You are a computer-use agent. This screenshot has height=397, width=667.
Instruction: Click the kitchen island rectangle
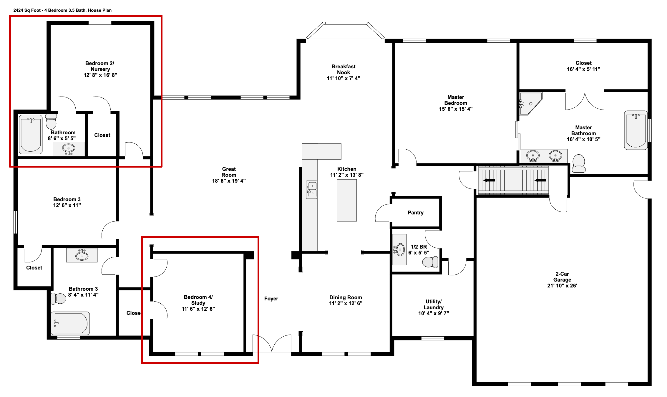click(347, 200)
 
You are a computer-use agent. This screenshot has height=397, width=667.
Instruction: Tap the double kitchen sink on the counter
click(312, 190)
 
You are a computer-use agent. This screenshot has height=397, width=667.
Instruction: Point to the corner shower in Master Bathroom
click(530, 103)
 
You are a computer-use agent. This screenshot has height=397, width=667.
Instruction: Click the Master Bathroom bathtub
click(636, 130)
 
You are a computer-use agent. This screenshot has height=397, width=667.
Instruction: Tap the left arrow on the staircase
click(489, 180)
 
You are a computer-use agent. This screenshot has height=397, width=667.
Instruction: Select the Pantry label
click(415, 213)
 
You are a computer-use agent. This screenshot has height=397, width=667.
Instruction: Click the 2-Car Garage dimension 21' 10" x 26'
click(562, 285)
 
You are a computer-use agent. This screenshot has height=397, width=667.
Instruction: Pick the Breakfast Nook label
click(343, 70)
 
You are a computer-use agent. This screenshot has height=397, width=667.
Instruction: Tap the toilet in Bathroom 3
click(59, 298)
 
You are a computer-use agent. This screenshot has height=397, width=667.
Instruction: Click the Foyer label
click(271, 299)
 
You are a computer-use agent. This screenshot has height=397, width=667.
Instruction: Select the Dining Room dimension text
click(346, 303)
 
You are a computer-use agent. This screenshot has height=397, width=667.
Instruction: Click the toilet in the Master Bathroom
click(578, 163)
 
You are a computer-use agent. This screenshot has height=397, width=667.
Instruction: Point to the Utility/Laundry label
click(433, 304)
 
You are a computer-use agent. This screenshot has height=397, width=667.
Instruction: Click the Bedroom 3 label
click(67, 199)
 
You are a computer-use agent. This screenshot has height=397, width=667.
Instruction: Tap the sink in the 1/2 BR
click(400, 250)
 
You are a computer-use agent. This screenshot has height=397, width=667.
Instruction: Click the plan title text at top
click(62, 10)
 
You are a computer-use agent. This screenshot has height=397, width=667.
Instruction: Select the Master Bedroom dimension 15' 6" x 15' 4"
click(455, 109)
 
